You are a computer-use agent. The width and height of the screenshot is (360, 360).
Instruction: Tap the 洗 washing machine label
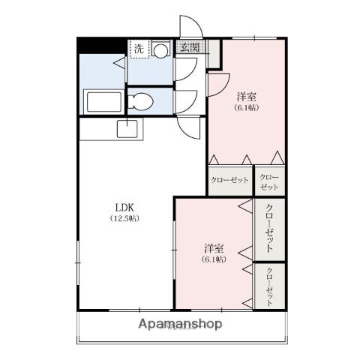pos(139,49)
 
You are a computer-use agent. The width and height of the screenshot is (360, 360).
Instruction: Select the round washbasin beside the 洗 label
pos(160,50)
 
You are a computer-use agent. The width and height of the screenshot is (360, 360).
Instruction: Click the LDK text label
pos(125,206)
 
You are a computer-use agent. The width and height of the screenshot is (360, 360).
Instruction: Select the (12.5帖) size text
pos(125,218)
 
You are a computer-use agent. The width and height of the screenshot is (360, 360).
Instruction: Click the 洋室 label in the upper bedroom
pos(247,97)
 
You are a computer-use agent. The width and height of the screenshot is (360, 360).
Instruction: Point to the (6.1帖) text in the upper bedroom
pos(247,109)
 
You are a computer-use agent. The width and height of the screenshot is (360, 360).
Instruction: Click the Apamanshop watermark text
pos(180,325)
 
